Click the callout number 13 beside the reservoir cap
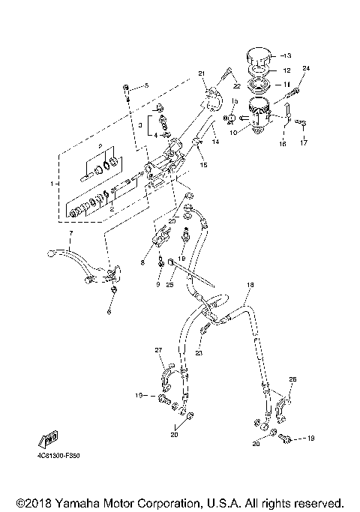click(x=289, y=55)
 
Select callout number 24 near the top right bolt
click(x=305, y=69)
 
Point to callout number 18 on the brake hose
click(x=250, y=286)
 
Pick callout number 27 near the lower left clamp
click(x=158, y=351)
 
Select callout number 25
click(x=170, y=286)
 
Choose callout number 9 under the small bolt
click(x=158, y=286)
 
